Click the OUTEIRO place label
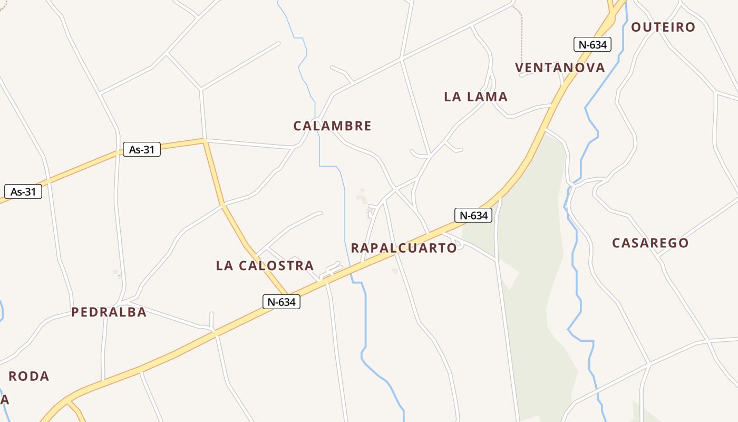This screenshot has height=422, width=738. coord(663,27)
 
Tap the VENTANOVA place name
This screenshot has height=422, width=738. coord(560,68)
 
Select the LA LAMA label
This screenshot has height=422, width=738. coord(475,97)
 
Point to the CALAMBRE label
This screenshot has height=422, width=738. coord(332,126)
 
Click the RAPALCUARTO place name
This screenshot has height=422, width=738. coord(404,248)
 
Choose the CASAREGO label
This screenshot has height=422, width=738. coord(650,243)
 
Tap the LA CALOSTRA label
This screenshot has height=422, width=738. coord(265,266)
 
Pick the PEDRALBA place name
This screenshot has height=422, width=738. coord(109,312)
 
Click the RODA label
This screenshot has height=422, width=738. coord(29,377)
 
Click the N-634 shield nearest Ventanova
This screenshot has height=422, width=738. coord(592,44)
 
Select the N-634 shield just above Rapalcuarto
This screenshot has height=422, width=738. coord(473,215)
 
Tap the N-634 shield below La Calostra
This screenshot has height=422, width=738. coord(281,302)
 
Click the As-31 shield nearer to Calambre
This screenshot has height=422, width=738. coord(141,149)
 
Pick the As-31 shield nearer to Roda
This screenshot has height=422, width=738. coord(23,191)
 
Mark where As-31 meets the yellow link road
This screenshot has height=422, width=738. coord(203,140)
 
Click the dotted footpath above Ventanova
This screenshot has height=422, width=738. coord(521,37)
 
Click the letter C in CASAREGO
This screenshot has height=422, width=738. coord(616,243)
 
